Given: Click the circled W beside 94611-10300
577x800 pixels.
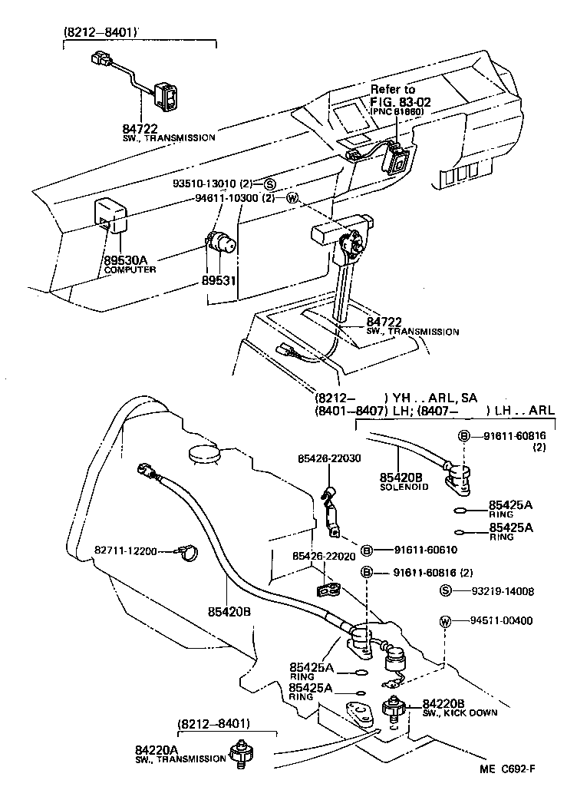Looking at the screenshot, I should click(291, 197).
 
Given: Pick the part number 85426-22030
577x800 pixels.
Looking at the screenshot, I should click(330, 458).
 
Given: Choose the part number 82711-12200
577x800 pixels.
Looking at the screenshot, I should click(126, 550).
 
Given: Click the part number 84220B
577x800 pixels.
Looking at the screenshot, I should click(443, 703).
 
